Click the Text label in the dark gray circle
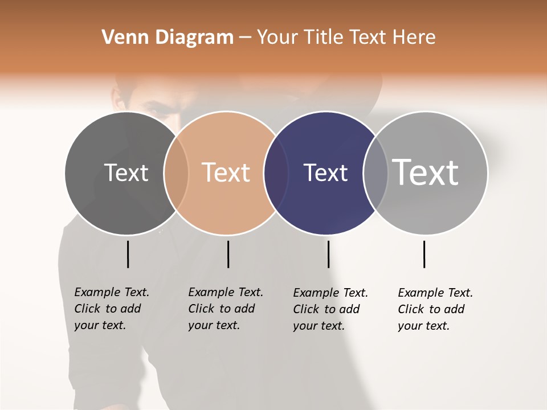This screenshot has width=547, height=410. [x=126, y=173]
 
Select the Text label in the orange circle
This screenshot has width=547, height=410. [x=226, y=173]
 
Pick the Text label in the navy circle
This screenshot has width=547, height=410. [x=325, y=173]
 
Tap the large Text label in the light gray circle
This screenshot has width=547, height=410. [x=426, y=172]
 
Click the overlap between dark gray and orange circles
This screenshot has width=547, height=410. [x=176, y=173]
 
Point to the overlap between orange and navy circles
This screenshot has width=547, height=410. [x=276, y=173]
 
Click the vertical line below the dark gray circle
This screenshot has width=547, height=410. [x=128, y=254]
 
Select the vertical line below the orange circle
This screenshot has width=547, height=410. [x=228, y=254]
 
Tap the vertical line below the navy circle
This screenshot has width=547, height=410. [x=328, y=254]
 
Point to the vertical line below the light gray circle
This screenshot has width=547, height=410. [x=424, y=254]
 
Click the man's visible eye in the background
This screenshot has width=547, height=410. [x=153, y=110]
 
